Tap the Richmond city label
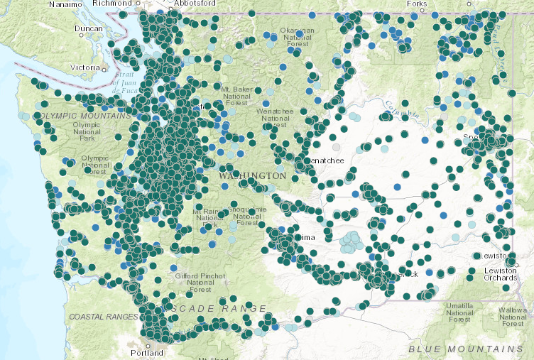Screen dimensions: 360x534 tap(112, 4)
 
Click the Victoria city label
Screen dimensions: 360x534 tap(85, 68)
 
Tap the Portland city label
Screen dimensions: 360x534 tap(147, 352)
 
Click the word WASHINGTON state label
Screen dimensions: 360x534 tap(253, 175)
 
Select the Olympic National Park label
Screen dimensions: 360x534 tap(88, 131)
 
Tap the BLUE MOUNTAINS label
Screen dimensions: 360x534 tap(465, 349)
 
